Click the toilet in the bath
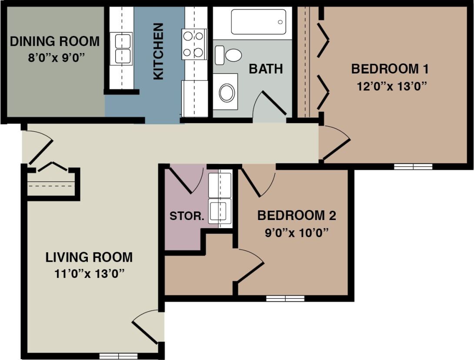pyautogui.click(x=230, y=55)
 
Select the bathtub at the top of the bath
pyautogui.click(x=258, y=22)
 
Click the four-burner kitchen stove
pyautogui.click(x=194, y=44)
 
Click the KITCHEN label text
pyautogui.click(x=159, y=51)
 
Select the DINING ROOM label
pyautogui.click(x=55, y=42)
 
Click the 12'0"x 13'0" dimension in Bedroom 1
pyautogui.click(x=390, y=85)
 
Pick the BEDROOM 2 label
pyautogui.click(x=297, y=216)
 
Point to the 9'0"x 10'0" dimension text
pyautogui.click(x=296, y=232)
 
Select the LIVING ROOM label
pyautogui.click(x=89, y=257)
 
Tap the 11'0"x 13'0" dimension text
pyautogui.click(x=89, y=273)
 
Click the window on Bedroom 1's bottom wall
pyautogui.click(x=413, y=166)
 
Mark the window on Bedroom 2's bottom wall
pyautogui.click(x=285, y=298)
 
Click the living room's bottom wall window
pyautogui.click(x=115, y=356)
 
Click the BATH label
pyautogui.click(x=266, y=69)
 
